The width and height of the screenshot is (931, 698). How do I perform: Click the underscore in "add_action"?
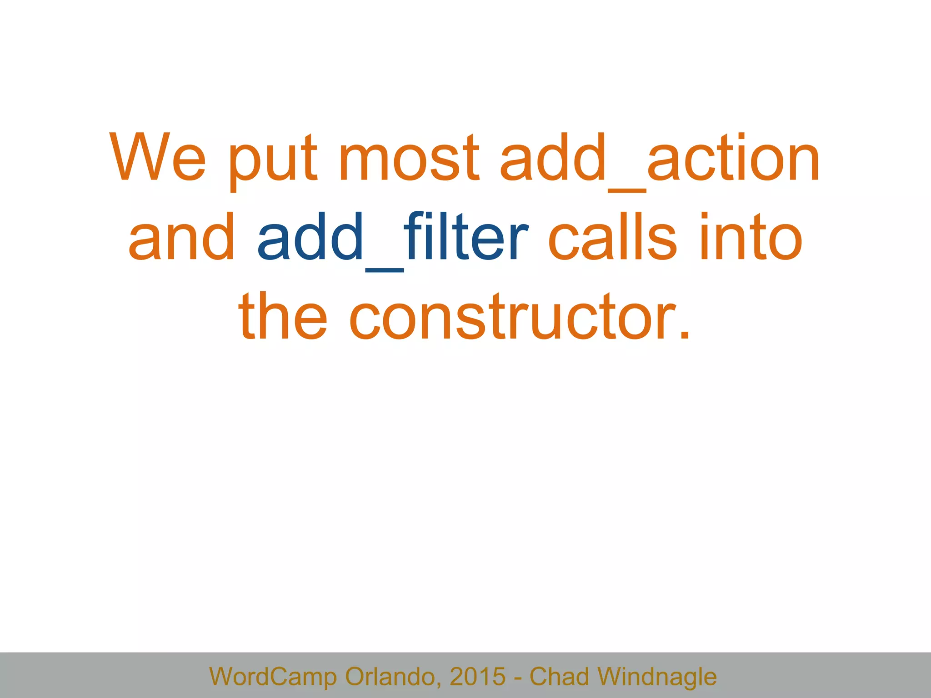627,191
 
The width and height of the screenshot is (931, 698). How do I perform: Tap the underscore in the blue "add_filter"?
384,270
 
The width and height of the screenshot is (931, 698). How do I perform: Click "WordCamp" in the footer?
273,676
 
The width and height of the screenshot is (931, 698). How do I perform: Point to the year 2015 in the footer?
477,676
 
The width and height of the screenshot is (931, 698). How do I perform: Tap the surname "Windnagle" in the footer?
657,676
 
